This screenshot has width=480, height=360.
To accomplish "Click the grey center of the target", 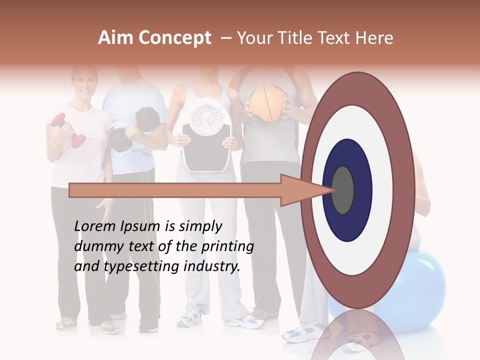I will [342, 190].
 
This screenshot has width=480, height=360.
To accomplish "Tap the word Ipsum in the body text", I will [140, 226].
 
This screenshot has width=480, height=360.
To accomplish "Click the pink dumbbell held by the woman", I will [68, 130].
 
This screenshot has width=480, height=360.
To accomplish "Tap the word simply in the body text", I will [200, 226].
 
